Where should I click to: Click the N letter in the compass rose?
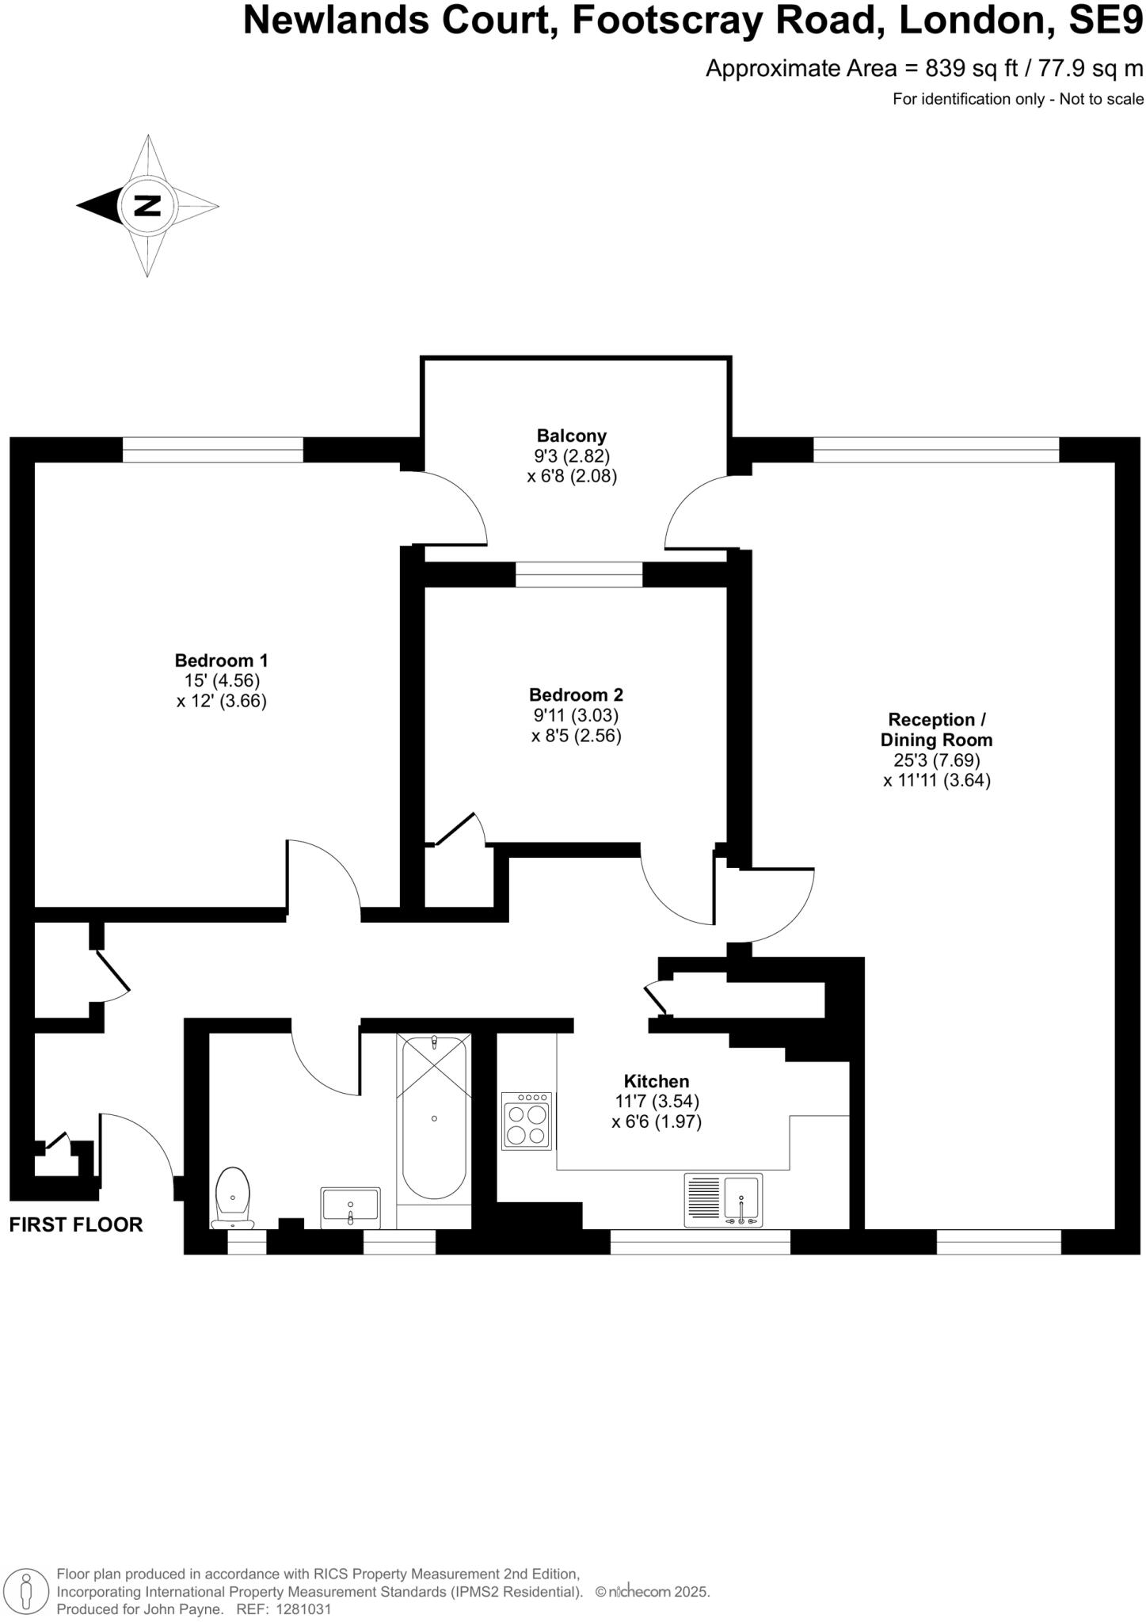(147, 206)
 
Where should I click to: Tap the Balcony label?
(571, 436)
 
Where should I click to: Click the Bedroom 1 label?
(221, 660)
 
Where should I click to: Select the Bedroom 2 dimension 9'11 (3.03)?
(576, 715)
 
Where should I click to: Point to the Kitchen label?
(656, 1081)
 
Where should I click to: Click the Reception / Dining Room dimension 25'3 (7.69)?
(936, 760)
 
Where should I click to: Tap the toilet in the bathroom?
(233, 1197)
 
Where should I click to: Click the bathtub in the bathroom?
(433, 1117)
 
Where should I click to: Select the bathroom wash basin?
(350, 1207)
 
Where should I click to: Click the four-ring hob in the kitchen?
(527, 1120)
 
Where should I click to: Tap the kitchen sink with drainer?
(723, 1200)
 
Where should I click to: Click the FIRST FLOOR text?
(76, 1224)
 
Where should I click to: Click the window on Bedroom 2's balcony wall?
(579, 574)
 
